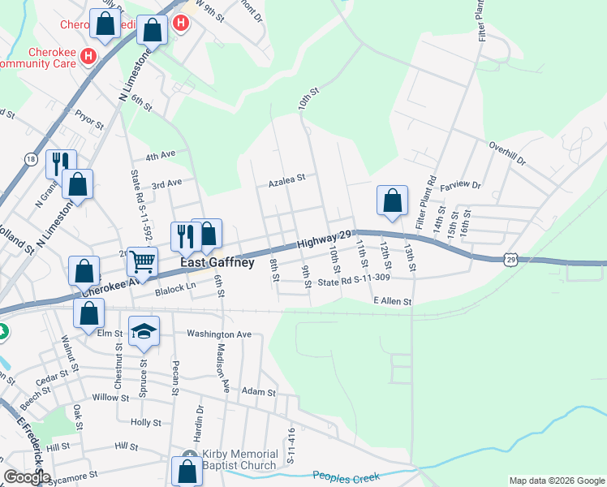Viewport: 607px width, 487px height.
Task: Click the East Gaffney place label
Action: coord(217,263)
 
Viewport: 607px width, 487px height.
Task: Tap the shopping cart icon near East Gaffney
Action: coord(143,261)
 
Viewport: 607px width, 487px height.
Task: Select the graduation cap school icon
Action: coord(144,331)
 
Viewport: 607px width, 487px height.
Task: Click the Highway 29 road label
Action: coord(324,238)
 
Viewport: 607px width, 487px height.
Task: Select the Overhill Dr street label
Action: coord(508,149)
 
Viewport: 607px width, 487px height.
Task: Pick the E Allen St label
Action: coord(393,301)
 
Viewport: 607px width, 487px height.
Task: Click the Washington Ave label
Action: coord(219,334)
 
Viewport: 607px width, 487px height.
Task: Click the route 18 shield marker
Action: coord(31,157)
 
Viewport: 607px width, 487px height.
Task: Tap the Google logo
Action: coord(27,477)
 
